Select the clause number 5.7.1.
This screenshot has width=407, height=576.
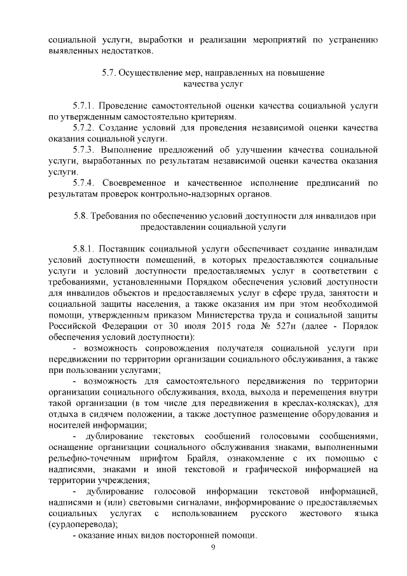click(84, 104)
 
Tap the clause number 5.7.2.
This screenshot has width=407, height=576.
click(84, 127)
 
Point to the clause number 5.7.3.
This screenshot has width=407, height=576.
click(84, 149)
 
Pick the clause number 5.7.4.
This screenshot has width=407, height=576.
click(84, 183)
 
